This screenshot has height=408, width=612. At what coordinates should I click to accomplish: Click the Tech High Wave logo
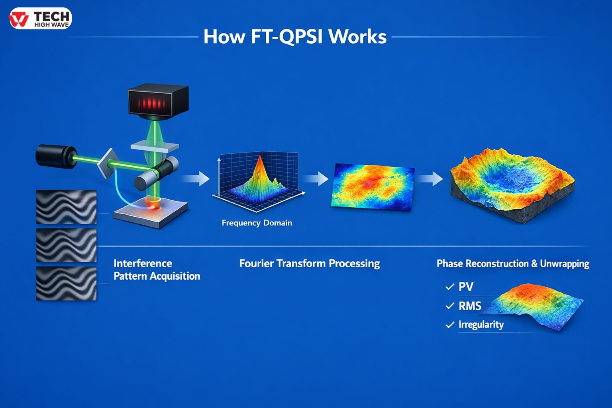pos(40,18)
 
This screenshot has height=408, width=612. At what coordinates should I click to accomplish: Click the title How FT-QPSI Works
pos(295,37)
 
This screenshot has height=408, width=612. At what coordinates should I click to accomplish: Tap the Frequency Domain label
pos(257,223)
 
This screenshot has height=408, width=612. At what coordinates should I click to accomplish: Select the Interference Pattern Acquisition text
pos(156,270)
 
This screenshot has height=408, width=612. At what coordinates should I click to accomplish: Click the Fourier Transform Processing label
pos(309,263)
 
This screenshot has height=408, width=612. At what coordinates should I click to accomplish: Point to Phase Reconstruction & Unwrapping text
pos(512,264)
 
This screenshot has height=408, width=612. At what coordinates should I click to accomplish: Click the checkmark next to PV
pos(449,287)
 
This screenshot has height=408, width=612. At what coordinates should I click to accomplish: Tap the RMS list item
pos(470,306)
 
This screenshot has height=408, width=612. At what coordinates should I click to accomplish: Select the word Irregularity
pos(481,325)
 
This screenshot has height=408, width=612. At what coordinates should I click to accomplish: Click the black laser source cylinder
pos(55,156)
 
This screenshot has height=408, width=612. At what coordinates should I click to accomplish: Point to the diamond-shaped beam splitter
pos(108,163)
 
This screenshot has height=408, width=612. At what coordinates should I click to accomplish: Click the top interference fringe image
pos(66,207)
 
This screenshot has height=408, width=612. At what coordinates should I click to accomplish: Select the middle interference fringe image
pos(66,245)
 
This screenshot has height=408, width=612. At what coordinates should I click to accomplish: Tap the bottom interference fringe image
pos(66,283)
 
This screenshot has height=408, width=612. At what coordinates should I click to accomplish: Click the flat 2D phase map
pos(372,186)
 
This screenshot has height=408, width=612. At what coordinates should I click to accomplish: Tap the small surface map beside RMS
pos(536,305)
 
